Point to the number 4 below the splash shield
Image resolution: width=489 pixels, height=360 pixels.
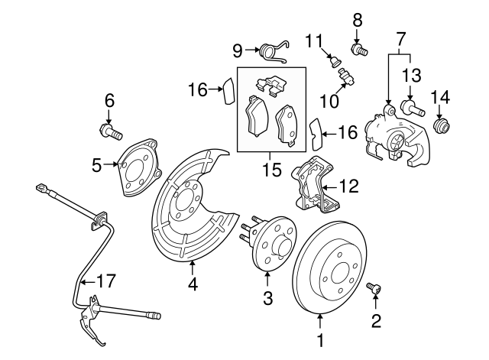click(x=192, y=284)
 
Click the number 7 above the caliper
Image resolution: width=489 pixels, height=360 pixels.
click(x=400, y=37)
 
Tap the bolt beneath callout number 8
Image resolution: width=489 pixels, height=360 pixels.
click(x=359, y=50)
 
